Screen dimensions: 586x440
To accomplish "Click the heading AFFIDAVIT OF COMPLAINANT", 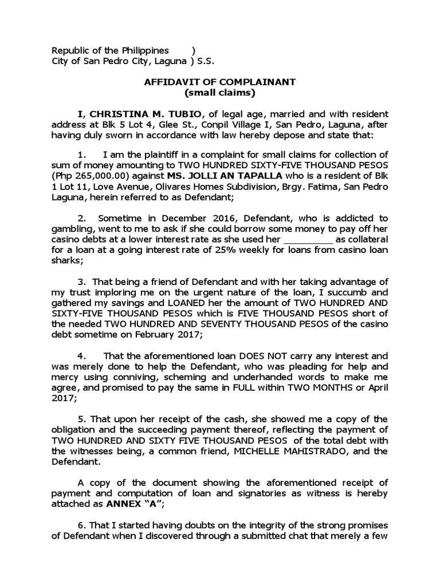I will pyautogui.click(x=219, y=82).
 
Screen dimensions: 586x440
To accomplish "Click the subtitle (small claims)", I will pyautogui.click(x=219, y=92).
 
